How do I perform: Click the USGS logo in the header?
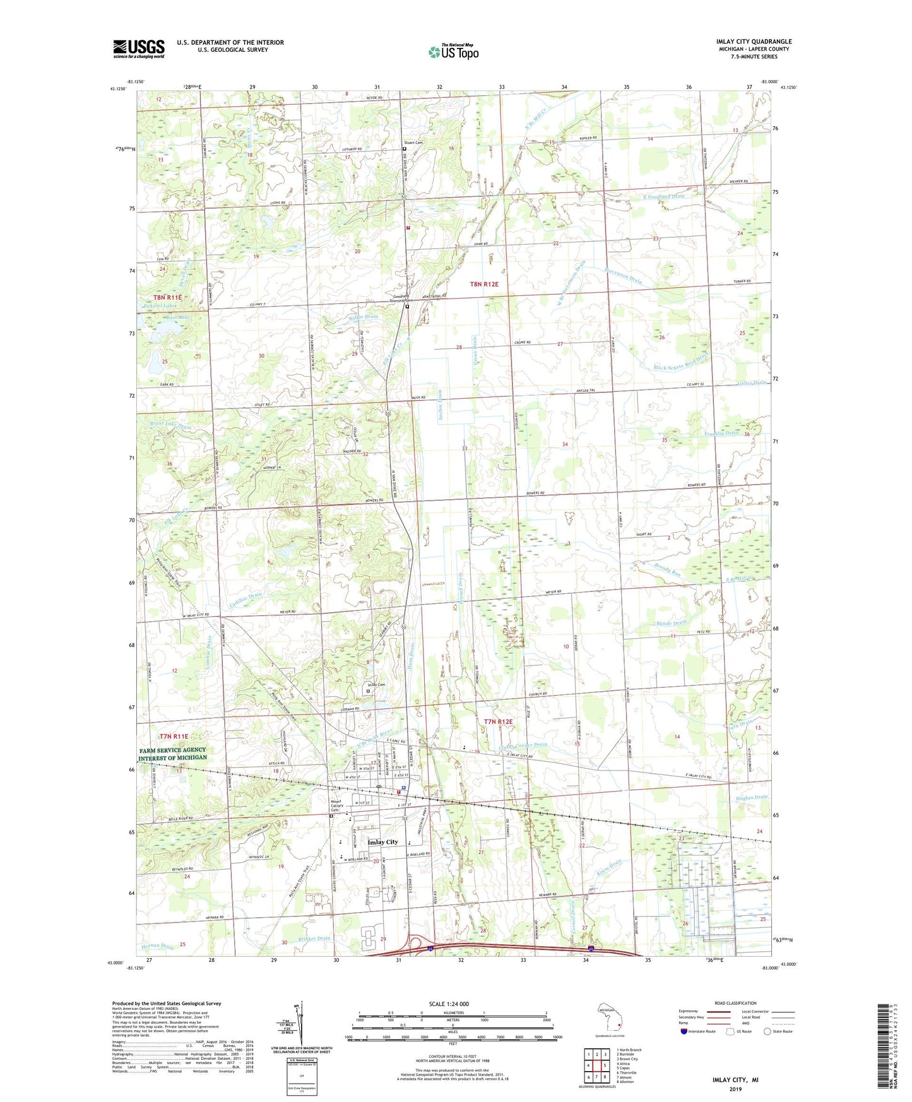(138, 49)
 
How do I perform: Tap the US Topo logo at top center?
(453, 52)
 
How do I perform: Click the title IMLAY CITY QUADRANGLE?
(754, 42)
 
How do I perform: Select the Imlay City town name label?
(383, 842)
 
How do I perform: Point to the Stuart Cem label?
(413, 143)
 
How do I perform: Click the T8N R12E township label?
(484, 285)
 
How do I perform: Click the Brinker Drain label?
(315, 939)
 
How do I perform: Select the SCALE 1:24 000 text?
(449, 1004)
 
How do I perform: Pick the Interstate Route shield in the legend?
(685, 1032)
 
